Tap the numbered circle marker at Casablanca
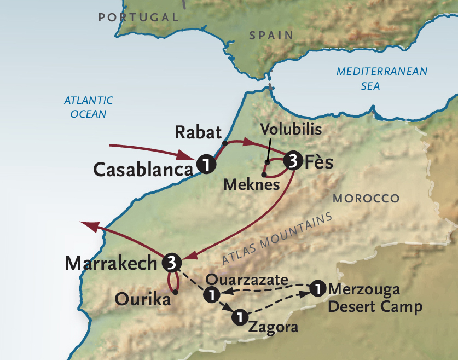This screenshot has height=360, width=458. (205, 164)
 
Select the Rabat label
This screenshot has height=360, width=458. (198, 132)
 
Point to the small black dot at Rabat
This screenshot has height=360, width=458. (224, 143)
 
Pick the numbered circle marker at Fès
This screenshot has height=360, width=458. (292, 161)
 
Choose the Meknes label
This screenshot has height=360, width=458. (252, 185)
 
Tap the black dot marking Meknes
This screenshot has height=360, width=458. (264, 175)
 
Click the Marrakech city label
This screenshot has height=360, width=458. (111, 263)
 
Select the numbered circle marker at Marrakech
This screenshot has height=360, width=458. (171, 263)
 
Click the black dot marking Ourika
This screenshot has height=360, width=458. (175, 292)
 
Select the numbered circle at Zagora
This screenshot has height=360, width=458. (239, 316)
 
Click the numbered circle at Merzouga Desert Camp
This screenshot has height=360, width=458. (317, 288)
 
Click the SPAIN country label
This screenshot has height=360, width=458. (271, 36)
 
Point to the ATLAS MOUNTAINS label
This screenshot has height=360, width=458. (277, 239)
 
